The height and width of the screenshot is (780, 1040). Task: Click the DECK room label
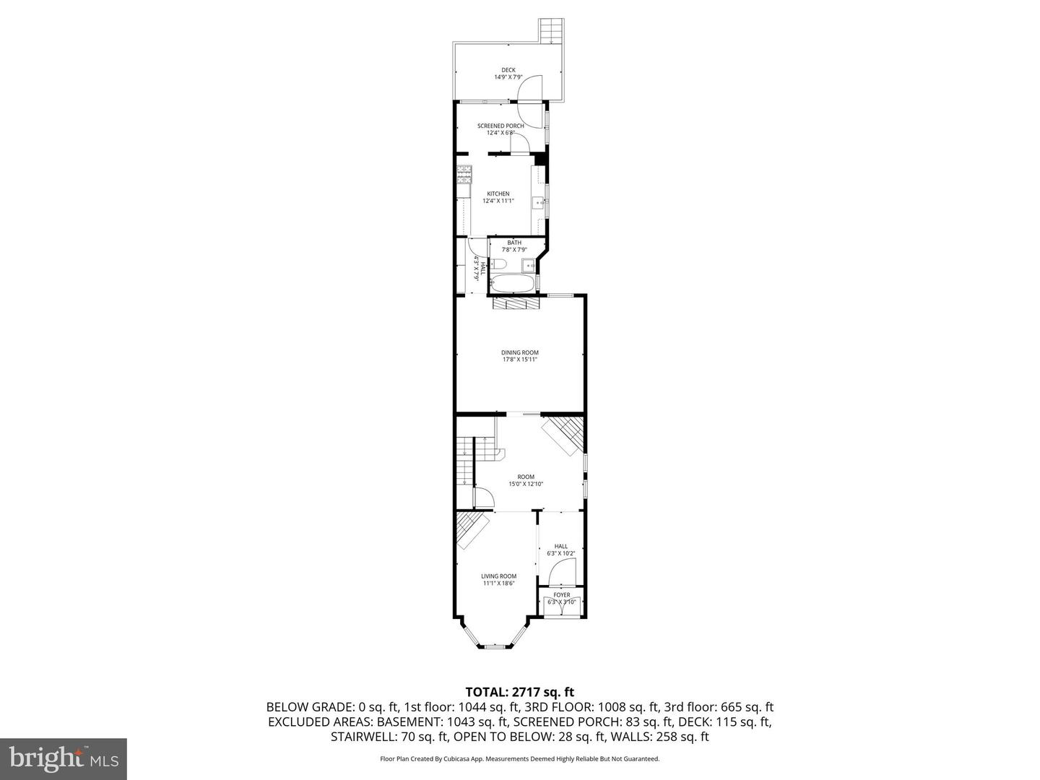(x=508, y=70)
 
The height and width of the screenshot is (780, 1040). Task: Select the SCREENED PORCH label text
(x=500, y=126)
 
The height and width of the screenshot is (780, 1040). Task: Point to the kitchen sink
(x=539, y=204)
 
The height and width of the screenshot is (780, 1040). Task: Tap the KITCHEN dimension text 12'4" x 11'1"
(x=498, y=201)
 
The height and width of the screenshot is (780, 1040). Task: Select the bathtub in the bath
(x=513, y=282)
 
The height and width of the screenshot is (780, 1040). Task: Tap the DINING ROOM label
(x=520, y=352)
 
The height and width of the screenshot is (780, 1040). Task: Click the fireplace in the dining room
(x=516, y=304)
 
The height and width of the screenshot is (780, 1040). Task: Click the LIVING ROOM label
(x=499, y=576)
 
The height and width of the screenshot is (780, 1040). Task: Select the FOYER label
(x=561, y=595)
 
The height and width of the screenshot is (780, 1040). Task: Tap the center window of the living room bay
(x=495, y=646)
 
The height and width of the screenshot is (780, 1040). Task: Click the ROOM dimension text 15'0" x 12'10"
(x=525, y=485)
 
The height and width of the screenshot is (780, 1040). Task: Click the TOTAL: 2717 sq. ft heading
(x=519, y=692)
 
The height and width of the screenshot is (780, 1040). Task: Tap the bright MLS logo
(x=64, y=758)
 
